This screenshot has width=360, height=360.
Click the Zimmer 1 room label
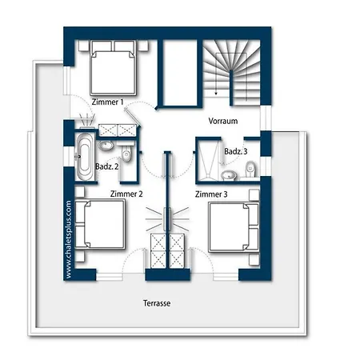[107, 102]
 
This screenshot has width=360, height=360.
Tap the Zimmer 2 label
[126, 194]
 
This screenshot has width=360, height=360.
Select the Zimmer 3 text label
[211, 194]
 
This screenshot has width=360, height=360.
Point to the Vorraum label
[223, 121]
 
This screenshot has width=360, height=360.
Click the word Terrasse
[157, 303]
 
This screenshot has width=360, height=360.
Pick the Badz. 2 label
[107, 166]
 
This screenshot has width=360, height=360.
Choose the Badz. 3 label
[236, 151]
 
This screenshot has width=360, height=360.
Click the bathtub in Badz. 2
[85, 157]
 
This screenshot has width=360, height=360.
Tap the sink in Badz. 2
[106, 146]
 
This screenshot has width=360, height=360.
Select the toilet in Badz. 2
[126, 154]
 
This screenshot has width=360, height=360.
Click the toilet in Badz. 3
[250, 169]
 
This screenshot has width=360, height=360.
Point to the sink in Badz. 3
[229, 175]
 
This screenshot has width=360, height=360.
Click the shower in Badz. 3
[208, 159]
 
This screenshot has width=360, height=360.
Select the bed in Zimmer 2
[100, 225]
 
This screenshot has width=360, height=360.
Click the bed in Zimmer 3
[234, 227]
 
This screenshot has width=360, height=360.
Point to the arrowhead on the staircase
[216, 94]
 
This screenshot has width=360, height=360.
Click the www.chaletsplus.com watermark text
[68, 239]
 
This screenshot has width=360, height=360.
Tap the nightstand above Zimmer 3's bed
[254, 195]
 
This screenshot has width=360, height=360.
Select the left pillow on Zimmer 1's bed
[102, 46]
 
